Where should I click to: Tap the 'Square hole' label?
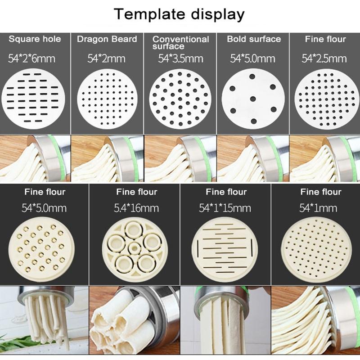pyautogui.click(x=35, y=39)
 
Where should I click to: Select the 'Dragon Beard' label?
pyautogui.click(x=107, y=39)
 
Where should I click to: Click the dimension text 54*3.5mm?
pyautogui.click(x=180, y=58)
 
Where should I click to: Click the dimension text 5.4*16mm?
pyautogui.click(x=137, y=208)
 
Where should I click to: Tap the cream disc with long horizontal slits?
pyautogui.click(x=225, y=249)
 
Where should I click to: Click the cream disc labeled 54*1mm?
pyautogui.click(x=315, y=249)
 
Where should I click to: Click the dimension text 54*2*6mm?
pyautogui.click(x=35, y=58)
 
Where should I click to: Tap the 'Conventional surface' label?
pyautogui.click(x=180, y=42)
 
